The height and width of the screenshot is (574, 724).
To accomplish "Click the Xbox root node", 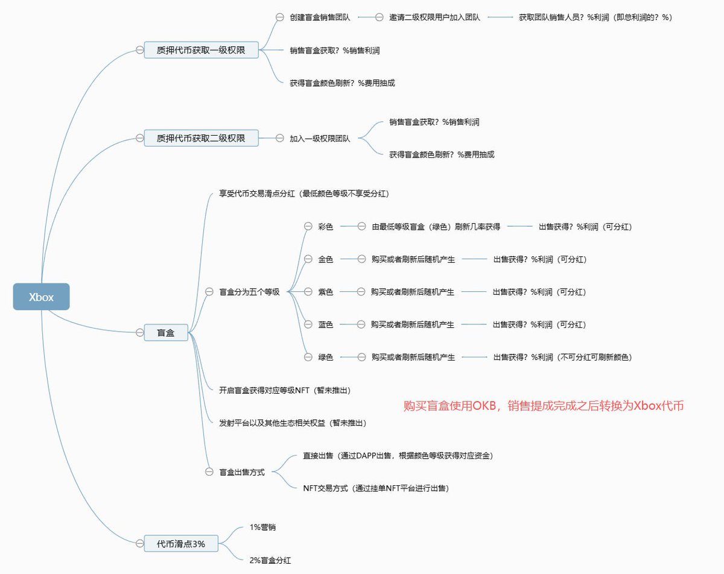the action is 42,297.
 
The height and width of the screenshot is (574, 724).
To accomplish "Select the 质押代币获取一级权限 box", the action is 201,50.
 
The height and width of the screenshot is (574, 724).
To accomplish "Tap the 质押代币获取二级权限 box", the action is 201,138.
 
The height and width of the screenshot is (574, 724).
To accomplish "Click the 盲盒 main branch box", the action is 166,332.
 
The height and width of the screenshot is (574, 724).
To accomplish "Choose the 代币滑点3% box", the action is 181,543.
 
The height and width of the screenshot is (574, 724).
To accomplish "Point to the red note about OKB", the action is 544,406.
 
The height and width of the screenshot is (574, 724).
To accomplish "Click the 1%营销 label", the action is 262,527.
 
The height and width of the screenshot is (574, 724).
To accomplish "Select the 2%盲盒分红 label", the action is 270,560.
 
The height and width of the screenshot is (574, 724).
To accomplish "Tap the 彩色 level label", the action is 325,227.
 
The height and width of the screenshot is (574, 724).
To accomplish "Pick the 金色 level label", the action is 325,259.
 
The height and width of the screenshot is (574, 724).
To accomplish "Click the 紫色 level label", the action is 325,292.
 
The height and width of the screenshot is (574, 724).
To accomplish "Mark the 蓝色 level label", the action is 325,324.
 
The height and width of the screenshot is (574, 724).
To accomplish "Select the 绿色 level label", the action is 325,357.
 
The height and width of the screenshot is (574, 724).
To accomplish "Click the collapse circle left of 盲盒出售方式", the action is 209,472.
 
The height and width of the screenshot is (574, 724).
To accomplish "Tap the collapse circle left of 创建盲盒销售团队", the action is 279,17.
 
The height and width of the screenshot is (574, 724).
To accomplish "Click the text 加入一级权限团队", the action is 320,138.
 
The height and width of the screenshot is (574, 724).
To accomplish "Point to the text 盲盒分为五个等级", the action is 249,292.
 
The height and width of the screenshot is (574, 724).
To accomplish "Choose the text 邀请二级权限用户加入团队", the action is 434,17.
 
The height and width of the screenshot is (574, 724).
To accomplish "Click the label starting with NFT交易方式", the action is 376,488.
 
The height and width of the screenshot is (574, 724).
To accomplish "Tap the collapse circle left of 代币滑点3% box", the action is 139,543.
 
